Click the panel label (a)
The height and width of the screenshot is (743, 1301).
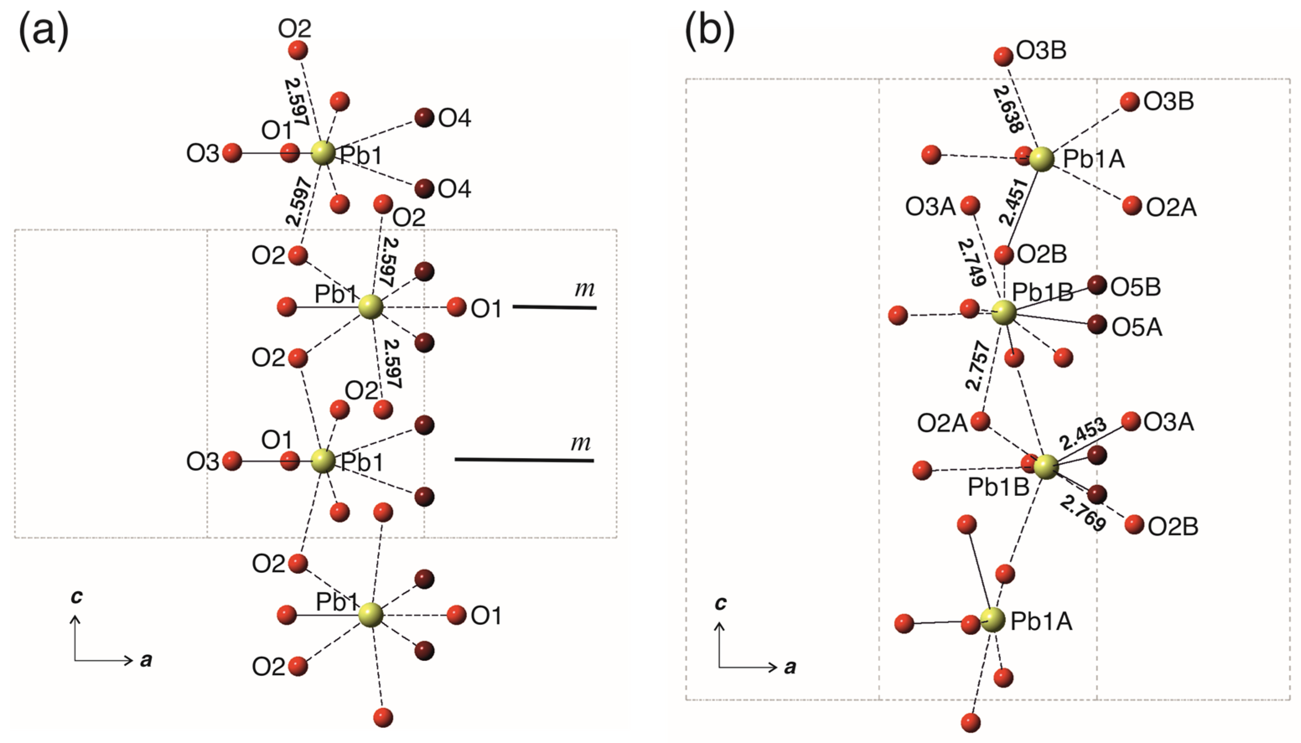click(44, 32)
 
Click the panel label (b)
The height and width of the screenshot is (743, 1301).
click(709, 32)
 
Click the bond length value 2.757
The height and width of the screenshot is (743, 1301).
click(978, 366)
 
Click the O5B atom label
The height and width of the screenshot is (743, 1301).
click(1135, 287)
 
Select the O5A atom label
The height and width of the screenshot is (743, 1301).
click(1137, 328)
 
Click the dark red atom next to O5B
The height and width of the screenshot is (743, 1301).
click(1097, 285)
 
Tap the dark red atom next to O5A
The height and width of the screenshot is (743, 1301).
click(1097, 325)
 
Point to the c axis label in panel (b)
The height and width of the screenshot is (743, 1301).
click(720, 603)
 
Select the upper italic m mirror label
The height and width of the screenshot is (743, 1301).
click(585, 289)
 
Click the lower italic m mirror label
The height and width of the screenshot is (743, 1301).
click(580, 443)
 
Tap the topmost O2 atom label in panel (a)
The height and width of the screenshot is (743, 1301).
click(295, 29)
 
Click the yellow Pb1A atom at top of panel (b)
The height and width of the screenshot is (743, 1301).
click(1041, 159)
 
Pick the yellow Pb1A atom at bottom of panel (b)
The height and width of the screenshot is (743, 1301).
click(993, 621)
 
